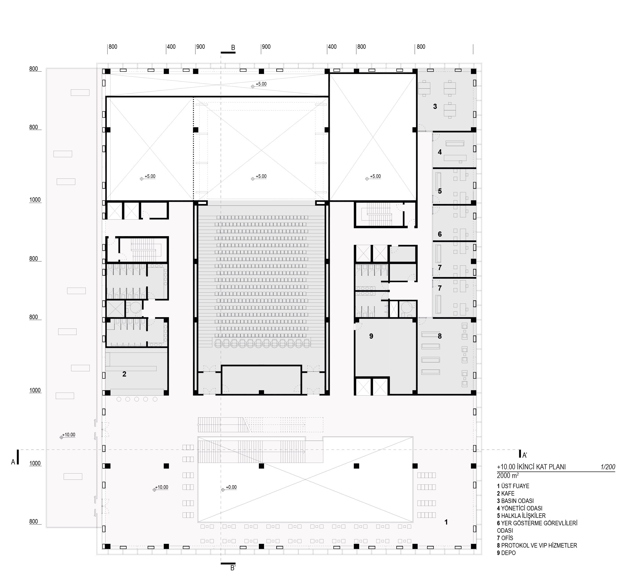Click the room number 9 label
pos(371,336)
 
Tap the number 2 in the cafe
pos(124,374)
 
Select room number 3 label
pos(435,107)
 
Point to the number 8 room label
pos(440,336)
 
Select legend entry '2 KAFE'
pos(505,494)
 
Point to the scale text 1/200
pos(608,467)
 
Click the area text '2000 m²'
pos(508,476)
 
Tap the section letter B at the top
pos(233,48)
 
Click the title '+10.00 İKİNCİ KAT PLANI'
pos(531,467)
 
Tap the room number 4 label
pos(440,152)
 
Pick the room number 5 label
pos(440,191)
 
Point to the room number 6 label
pos(440,234)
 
